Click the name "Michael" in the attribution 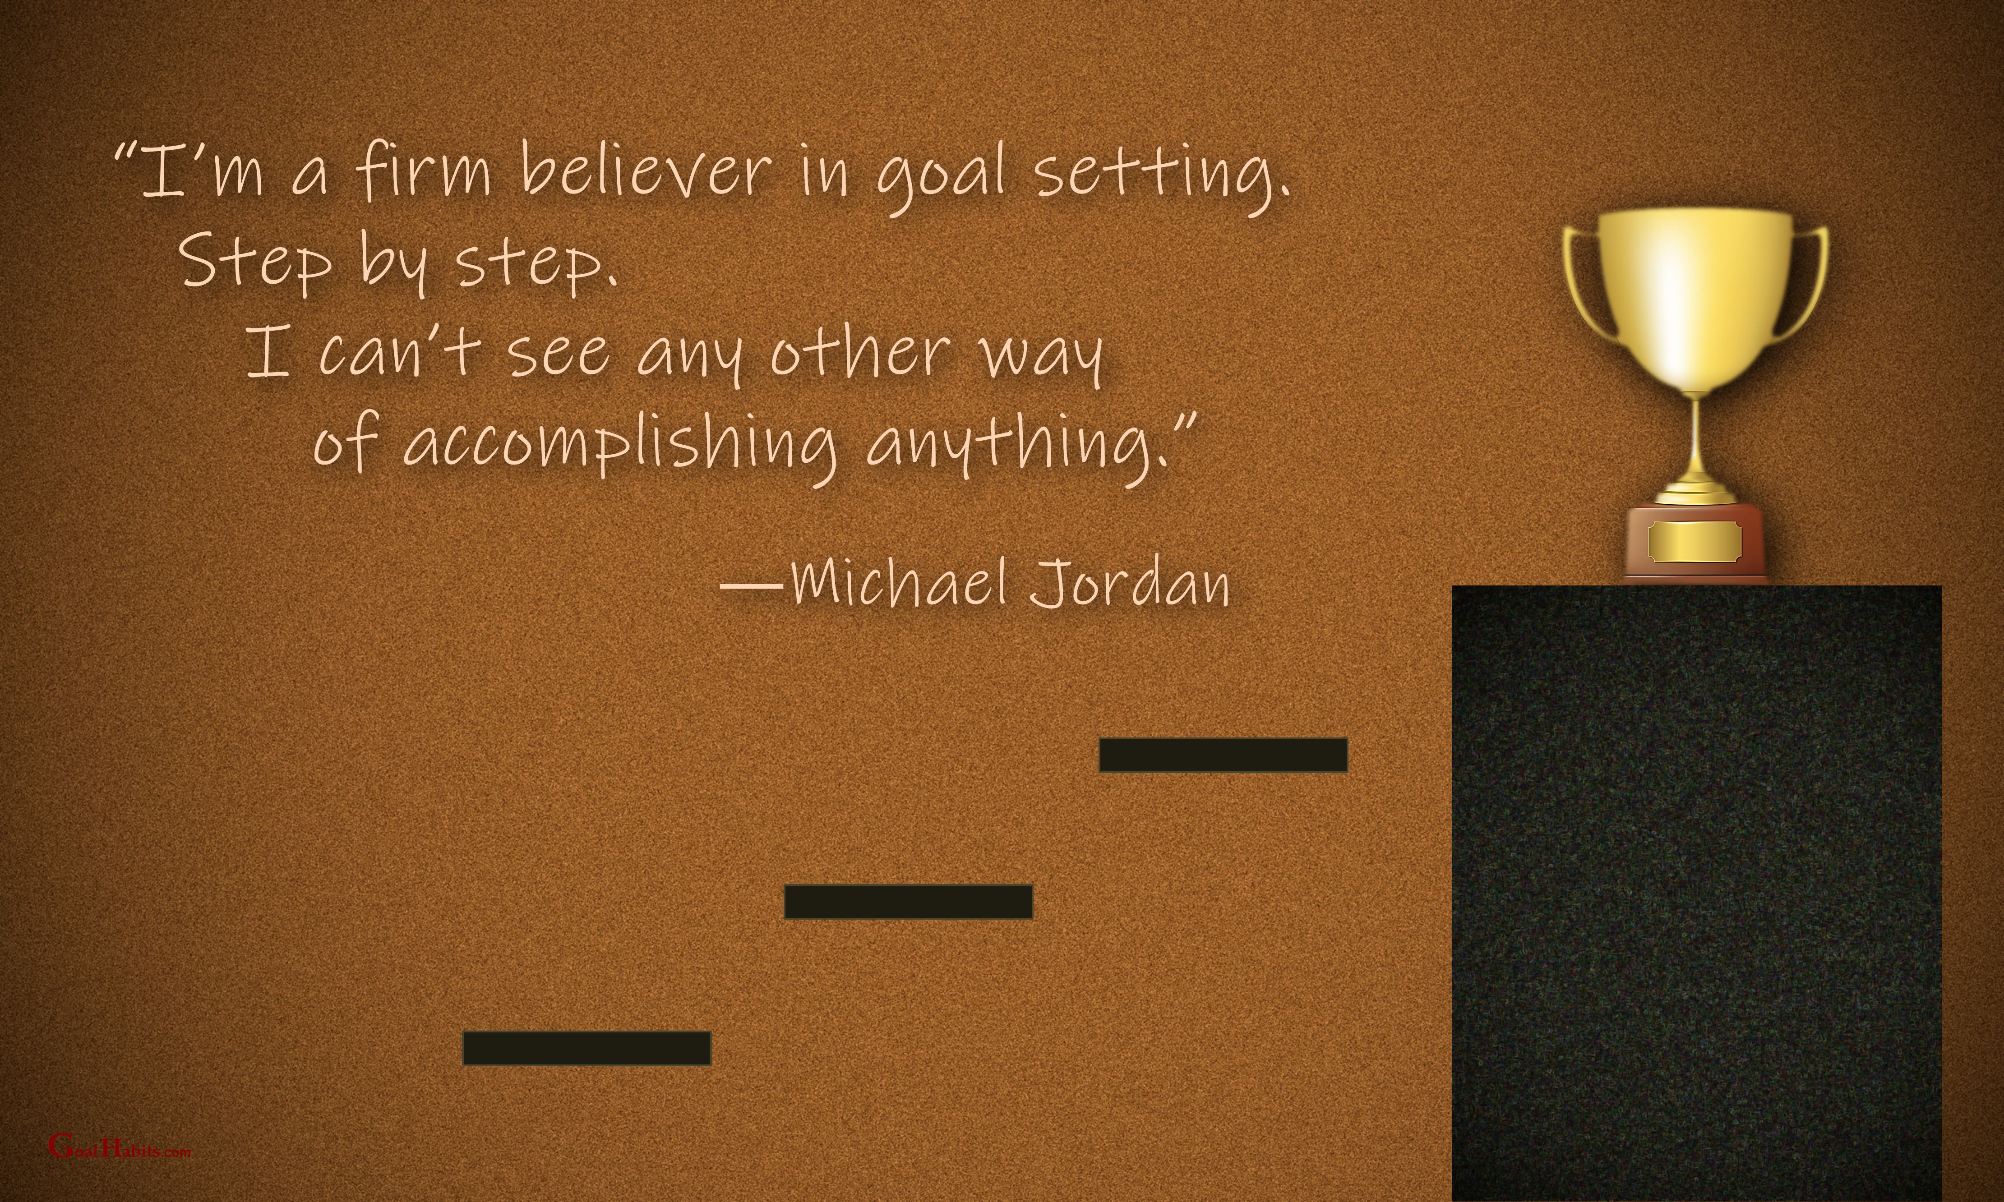coord(899,581)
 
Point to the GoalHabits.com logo coord(120,1145)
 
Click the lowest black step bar coord(586,1048)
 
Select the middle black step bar coord(908,902)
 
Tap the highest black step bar coord(1223,755)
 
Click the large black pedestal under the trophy coord(1696,893)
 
